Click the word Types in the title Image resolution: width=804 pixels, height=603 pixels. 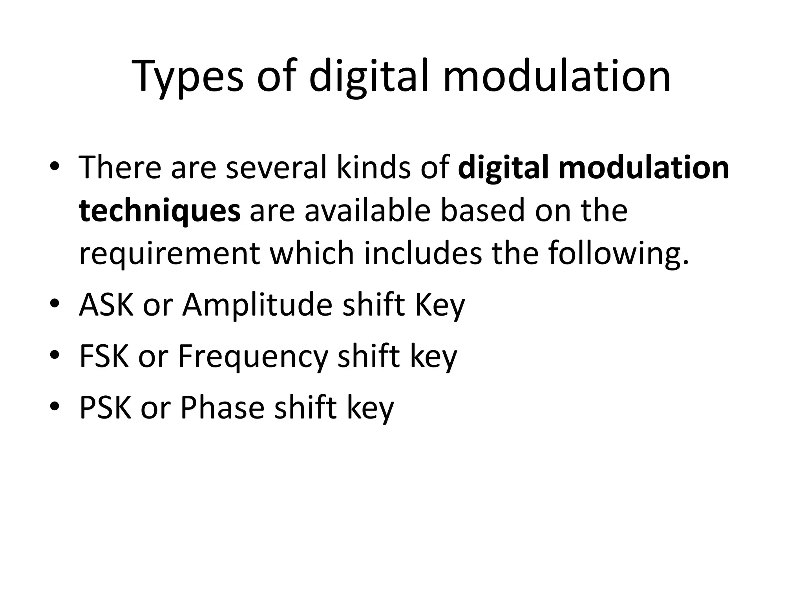[x=188, y=77]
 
